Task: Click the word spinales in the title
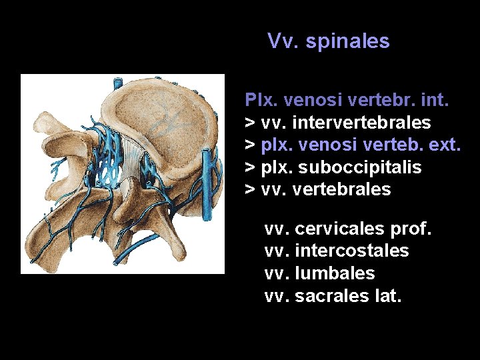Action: pos(347,41)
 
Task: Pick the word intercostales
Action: pos(351,251)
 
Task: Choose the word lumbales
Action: pos(335,273)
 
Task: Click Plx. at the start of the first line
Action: pos(261,101)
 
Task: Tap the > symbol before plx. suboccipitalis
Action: pos(251,167)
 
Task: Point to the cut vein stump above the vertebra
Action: pos(116,83)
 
